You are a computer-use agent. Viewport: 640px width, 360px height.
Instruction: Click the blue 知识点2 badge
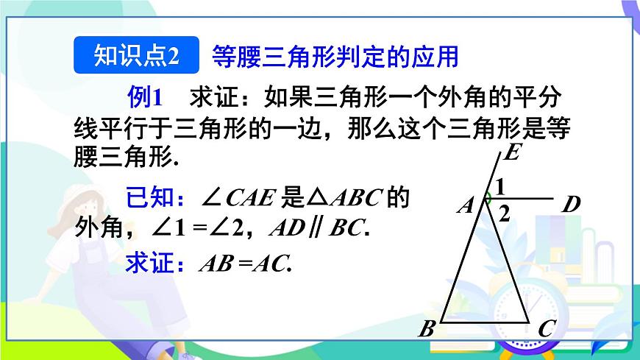[138, 56]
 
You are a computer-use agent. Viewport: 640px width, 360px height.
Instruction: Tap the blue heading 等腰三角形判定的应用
[335, 56]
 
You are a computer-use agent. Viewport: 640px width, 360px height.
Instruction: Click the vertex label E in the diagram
[512, 154]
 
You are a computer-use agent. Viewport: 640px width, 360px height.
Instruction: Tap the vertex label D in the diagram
[571, 204]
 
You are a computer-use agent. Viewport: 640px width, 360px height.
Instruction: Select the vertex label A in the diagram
[465, 205]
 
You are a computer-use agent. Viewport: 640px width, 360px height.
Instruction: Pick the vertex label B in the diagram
[426, 329]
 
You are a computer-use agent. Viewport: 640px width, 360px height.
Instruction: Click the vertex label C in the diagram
[545, 329]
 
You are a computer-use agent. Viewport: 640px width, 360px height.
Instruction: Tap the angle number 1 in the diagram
[499, 188]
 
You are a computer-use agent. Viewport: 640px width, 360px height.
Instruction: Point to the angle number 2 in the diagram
[504, 214]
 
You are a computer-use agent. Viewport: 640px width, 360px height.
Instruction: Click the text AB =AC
[246, 264]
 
